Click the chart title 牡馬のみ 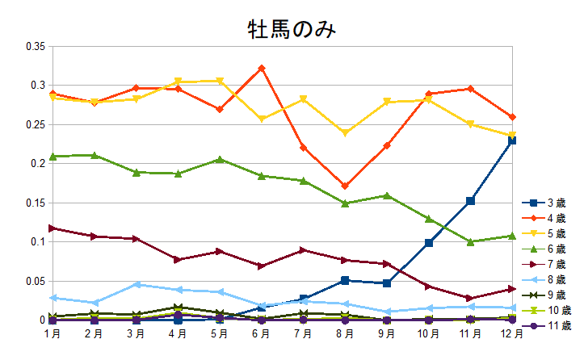(291, 30)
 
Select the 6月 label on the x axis (261, 333)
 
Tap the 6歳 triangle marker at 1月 (53, 157)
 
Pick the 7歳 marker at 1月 (53, 228)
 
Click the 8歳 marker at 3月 (137, 284)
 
